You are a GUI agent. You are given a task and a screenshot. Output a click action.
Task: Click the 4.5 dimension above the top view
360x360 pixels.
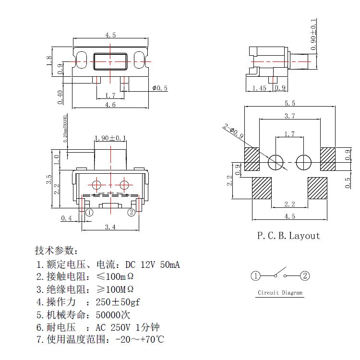coord(110,35)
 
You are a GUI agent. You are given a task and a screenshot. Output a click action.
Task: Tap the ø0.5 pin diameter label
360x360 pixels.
coord(159,88)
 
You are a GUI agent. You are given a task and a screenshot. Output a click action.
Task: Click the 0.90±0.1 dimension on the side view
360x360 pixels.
coord(314,35)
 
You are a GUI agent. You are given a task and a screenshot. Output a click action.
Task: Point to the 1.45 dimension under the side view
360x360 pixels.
coord(259,88)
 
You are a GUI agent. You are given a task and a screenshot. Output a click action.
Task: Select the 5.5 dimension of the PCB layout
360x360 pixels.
coord(289,104)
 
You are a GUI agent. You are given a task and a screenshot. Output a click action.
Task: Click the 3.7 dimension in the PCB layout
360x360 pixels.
coord(289,116)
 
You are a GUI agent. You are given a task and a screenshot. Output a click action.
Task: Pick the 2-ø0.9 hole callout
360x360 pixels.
coord(233,132)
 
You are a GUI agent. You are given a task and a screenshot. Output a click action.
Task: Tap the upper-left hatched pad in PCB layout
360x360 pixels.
coord(252,159)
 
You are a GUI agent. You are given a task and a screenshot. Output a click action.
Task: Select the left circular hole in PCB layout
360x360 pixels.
coord(276,162)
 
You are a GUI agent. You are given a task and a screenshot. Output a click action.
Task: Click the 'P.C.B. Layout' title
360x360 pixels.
coord(288,235)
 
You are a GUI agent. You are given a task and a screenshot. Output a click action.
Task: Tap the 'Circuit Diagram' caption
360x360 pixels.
coord(280,292)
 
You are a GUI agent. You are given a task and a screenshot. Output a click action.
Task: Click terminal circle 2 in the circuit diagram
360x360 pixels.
coord(305,276)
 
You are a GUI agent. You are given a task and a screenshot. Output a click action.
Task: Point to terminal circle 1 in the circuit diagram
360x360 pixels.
coord(255,276)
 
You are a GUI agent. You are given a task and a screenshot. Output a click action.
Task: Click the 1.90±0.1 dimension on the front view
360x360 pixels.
coord(110,138)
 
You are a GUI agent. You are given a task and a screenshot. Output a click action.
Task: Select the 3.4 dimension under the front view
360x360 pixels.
coord(110,227)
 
